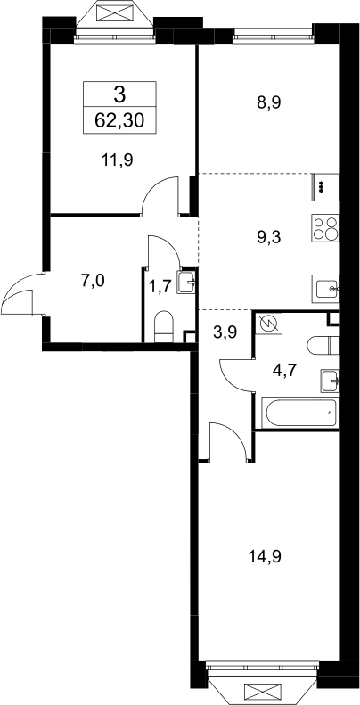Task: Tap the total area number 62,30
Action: pos(119,120)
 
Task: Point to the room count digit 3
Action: pos(119,94)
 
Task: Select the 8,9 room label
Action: pos(269,103)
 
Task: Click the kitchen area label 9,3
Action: pos(269,237)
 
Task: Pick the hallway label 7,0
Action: pos(93,281)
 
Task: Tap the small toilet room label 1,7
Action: pos(160,286)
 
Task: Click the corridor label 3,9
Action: pos(225,332)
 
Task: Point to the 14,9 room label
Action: pos(265,557)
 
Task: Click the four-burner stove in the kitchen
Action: pos(325,228)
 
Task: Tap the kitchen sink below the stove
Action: pos(325,289)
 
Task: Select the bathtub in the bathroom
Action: pos(301,414)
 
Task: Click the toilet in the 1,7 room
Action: pos(164,326)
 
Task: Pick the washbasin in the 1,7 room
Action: pos(186,283)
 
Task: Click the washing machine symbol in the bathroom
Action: pos(269,323)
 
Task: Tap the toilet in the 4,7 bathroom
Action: pos(323,345)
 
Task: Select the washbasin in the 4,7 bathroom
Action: pos(330,381)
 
